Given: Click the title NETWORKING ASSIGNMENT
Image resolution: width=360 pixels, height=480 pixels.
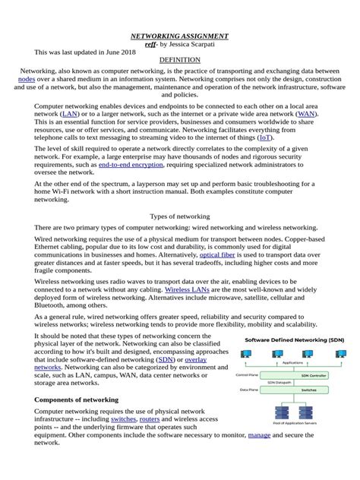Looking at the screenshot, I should tap(180, 36).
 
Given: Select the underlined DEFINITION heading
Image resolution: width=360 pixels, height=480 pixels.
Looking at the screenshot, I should tap(180, 59).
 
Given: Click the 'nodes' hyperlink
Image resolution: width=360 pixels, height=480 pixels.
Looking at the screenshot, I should tap(27, 78).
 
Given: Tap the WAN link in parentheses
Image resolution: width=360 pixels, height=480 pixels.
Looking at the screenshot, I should tap(306, 113).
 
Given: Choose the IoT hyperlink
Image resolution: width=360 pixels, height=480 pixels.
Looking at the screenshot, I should tap(286, 138).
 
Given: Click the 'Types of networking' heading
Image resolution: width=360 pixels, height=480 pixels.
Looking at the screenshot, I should tap(180, 216).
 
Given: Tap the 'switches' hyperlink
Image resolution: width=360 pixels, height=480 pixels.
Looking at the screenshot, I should tap(124, 419).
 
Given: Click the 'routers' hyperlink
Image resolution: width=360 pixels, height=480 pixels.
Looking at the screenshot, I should tap(150, 419).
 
